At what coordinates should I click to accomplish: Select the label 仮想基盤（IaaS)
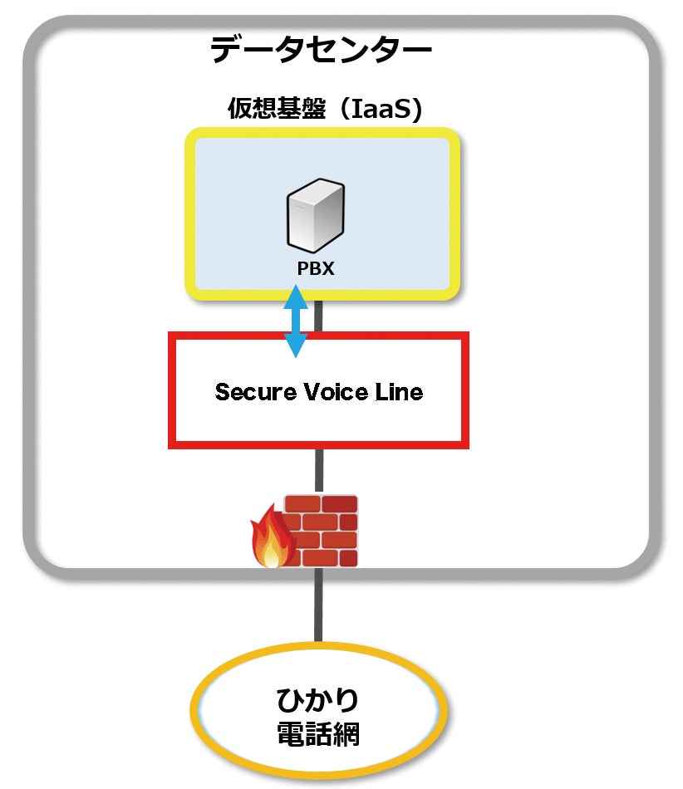[324, 110]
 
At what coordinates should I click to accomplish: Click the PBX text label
[317, 268]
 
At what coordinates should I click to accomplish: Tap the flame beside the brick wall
[271, 538]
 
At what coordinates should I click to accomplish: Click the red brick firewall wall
[322, 532]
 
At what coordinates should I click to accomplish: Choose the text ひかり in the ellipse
[317, 700]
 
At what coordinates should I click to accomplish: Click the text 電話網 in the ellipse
[317, 734]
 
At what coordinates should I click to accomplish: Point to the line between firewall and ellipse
[317, 606]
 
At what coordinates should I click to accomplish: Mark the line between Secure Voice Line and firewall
[317, 471]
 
